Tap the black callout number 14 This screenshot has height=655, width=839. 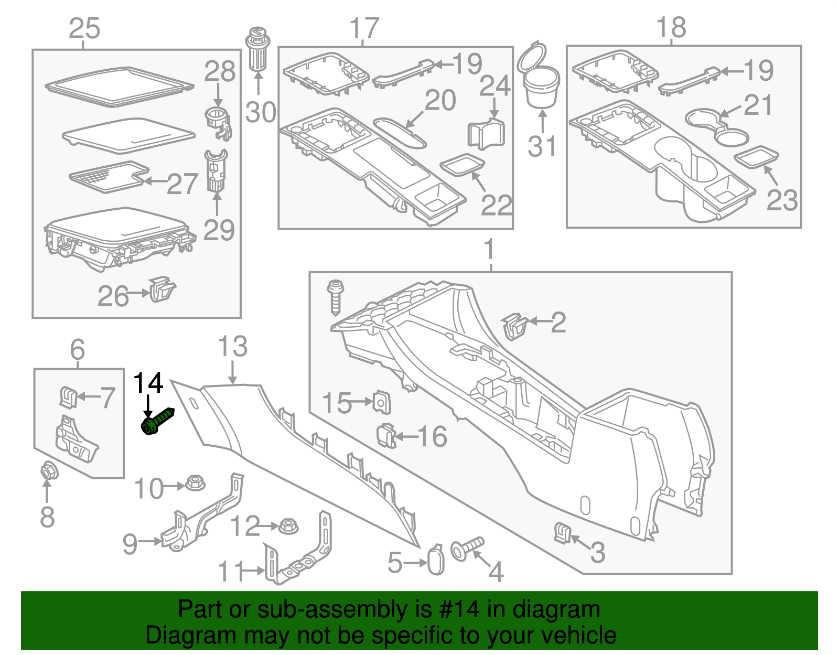coord(148,383)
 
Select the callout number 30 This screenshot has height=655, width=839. coord(260,113)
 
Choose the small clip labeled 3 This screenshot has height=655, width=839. coord(562,533)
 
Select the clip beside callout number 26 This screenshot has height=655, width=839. coord(162,289)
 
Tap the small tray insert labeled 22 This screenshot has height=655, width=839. coord(462,165)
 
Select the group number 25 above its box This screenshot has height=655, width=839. coord(84,28)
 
